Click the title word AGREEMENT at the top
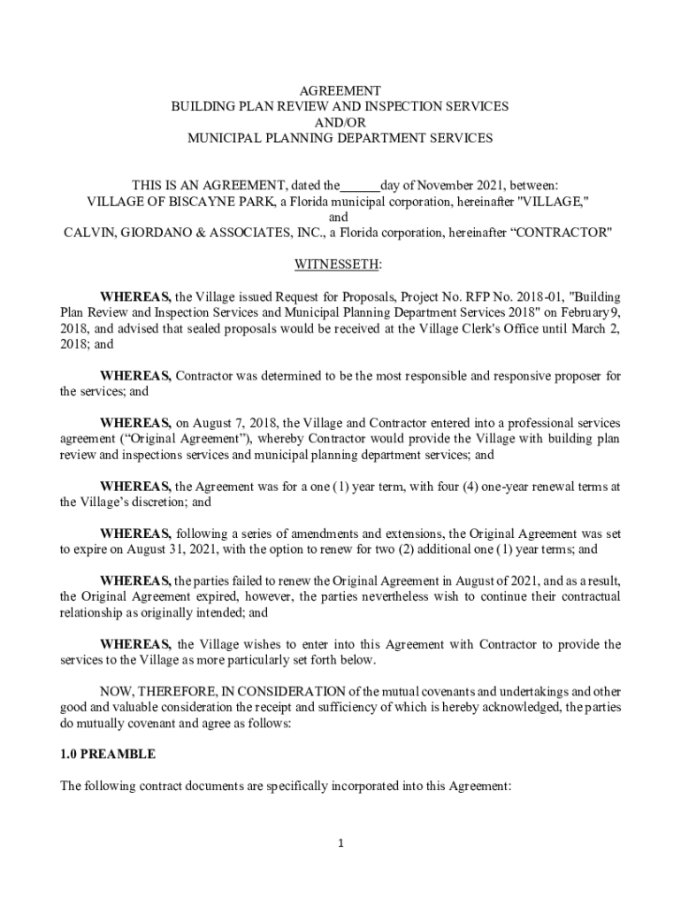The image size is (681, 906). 340,90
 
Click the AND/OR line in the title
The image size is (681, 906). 340,122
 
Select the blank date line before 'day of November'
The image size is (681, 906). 360,186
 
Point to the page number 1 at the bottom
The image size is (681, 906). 340,843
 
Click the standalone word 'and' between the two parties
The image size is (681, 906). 340,218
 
